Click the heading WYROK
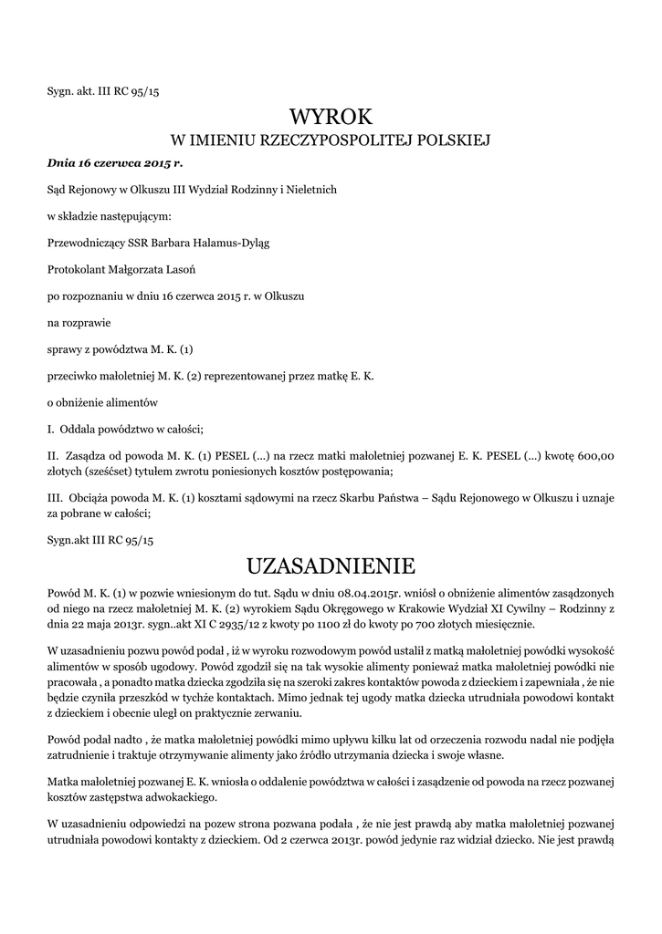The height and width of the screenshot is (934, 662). point(331,117)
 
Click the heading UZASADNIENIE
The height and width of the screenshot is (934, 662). point(331,566)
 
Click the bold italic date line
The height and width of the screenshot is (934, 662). point(115,163)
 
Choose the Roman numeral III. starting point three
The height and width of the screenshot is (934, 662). point(54,497)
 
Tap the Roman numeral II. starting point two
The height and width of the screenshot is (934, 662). point(53,454)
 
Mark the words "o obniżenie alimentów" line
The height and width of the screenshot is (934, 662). point(103,401)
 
